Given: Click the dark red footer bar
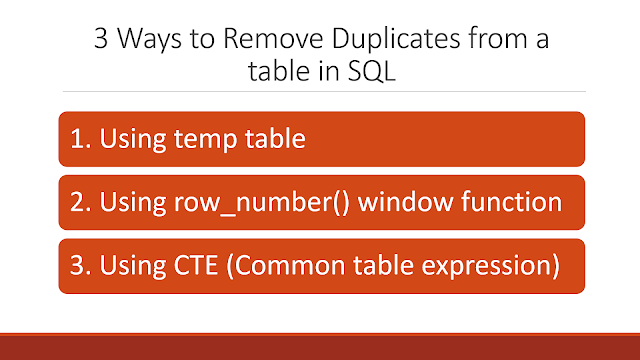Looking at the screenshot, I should click(320, 345).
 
